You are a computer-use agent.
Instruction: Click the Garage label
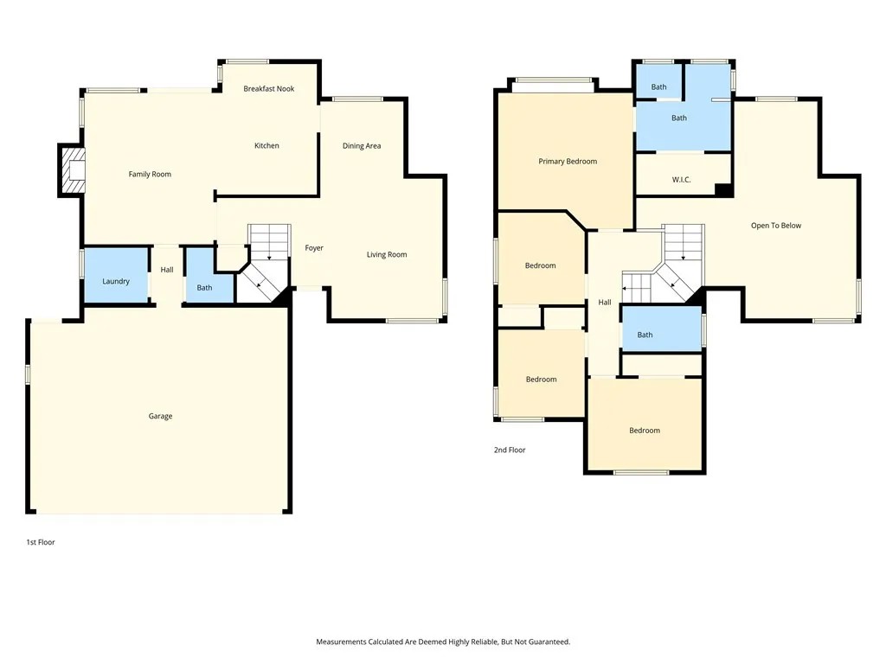(x=160, y=416)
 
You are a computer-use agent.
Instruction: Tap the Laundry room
(x=116, y=276)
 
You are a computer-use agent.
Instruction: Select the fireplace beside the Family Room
(x=73, y=170)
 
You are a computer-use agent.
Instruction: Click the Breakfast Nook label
(x=269, y=89)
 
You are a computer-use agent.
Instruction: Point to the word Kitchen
(x=266, y=145)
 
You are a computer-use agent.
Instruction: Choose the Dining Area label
(x=362, y=145)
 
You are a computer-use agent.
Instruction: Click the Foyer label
(x=314, y=248)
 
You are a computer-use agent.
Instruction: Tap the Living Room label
(x=387, y=255)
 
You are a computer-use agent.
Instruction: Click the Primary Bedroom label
(x=568, y=162)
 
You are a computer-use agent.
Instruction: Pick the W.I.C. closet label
(x=682, y=180)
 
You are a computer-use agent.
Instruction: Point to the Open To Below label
(x=776, y=226)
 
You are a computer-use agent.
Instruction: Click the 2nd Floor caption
(x=510, y=450)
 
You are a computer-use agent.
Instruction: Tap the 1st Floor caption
(x=41, y=542)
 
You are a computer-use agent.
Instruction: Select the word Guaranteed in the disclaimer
(x=547, y=642)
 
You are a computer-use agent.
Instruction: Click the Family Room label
(x=150, y=175)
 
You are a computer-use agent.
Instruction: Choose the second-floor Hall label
(x=605, y=303)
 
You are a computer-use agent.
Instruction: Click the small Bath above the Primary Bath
(x=658, y=82)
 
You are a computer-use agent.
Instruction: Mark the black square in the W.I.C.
(x=723, y=190)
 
